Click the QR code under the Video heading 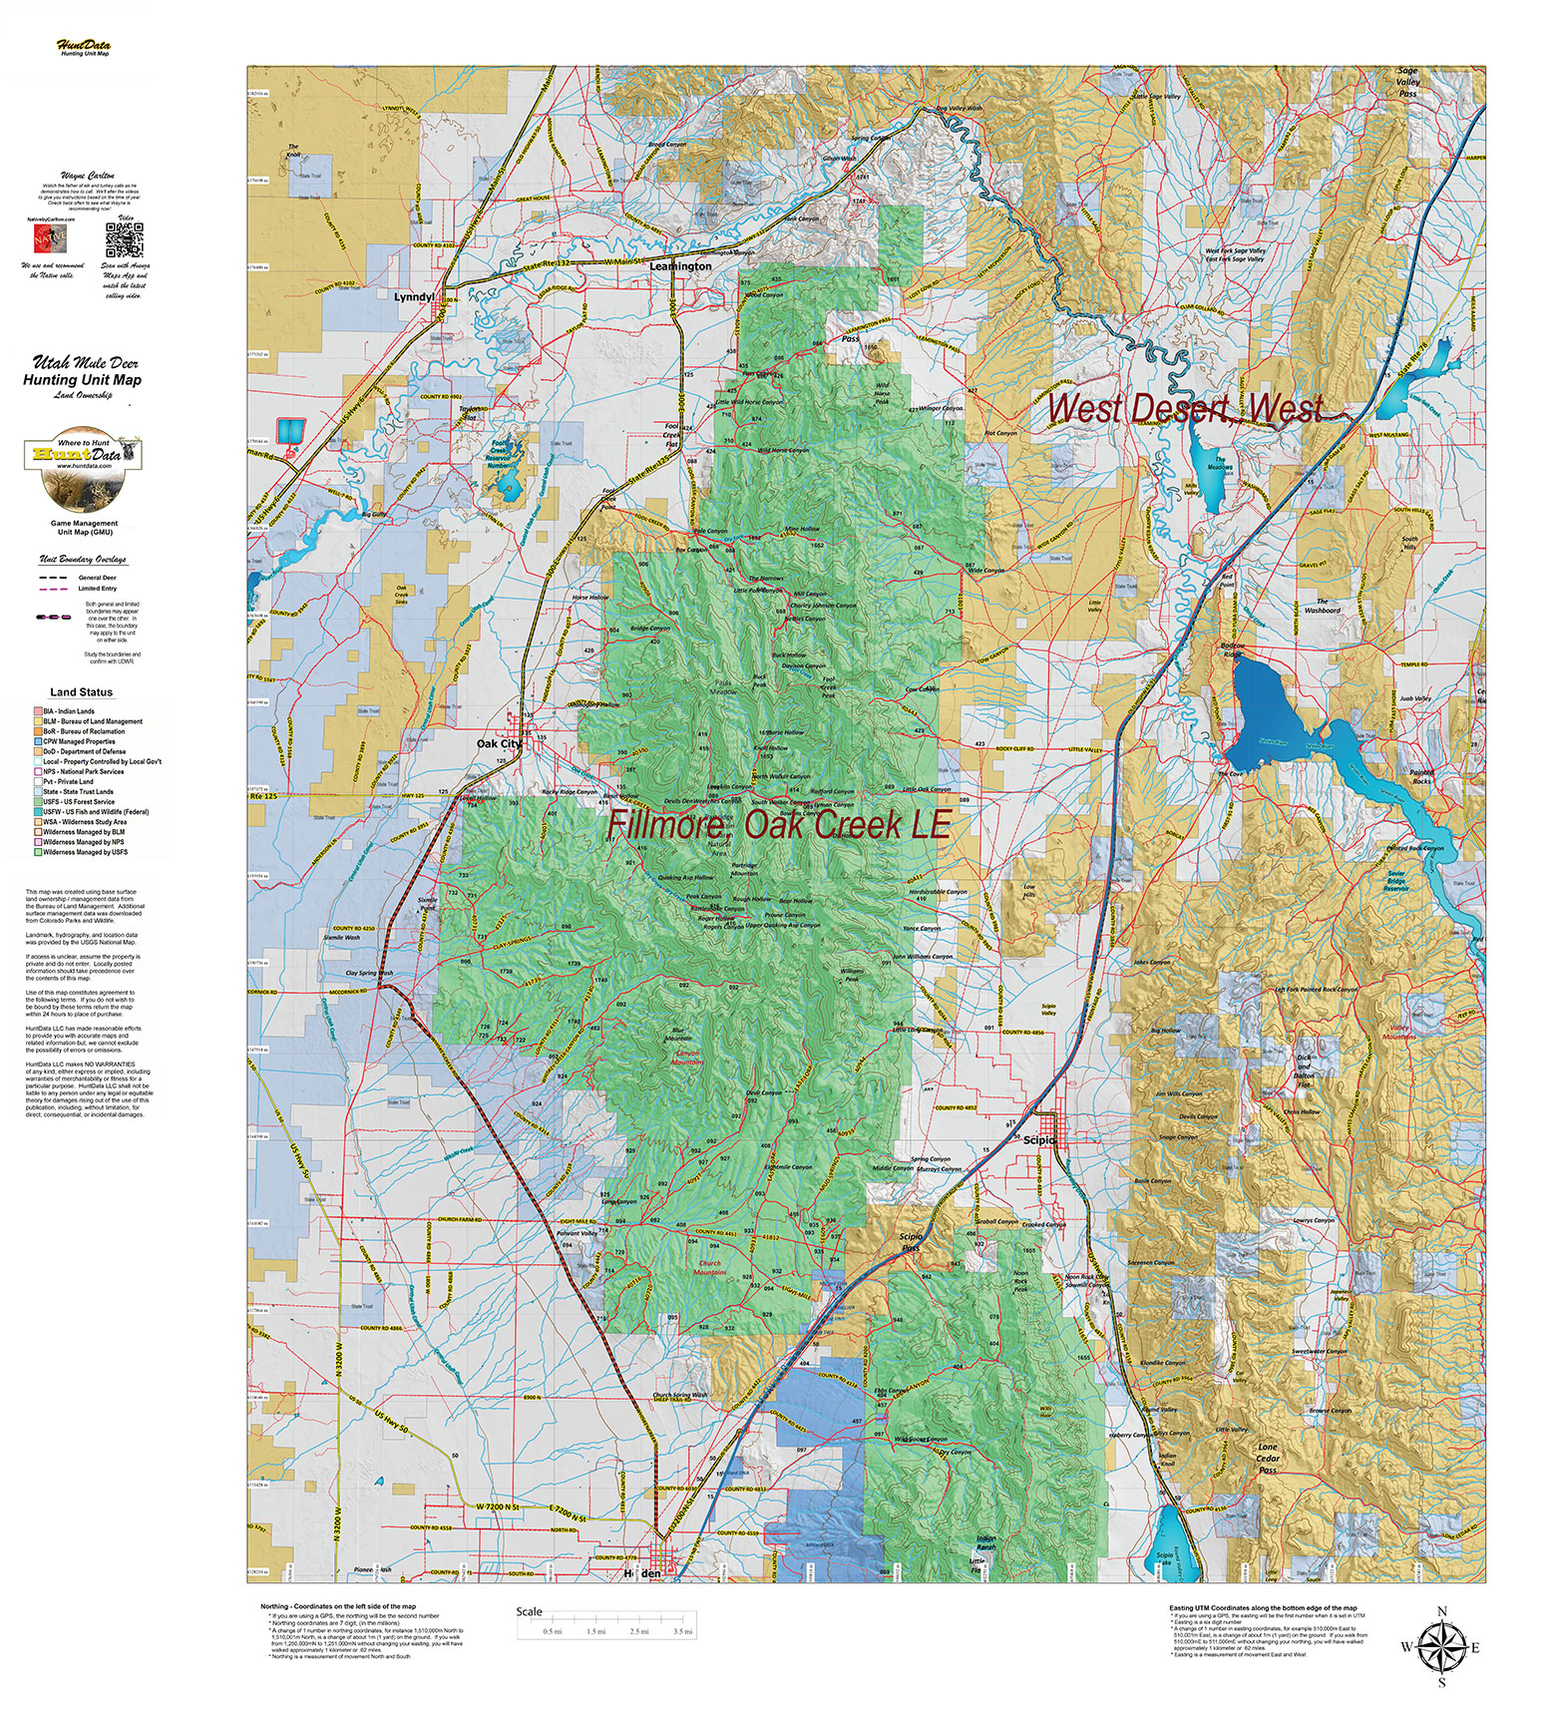click(126, 239)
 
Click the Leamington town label click(680, 266)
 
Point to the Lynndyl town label click(414, 297)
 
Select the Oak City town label click(499, 743)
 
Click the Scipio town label click(1039, 1138)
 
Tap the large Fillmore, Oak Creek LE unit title click(778, 826)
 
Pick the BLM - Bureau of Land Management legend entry click(93, 721)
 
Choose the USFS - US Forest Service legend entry click(80, 801)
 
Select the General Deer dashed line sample click(55, 578)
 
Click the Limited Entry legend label click(98, 589)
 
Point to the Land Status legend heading click(82, 691)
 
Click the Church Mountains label click(710, 1268)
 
